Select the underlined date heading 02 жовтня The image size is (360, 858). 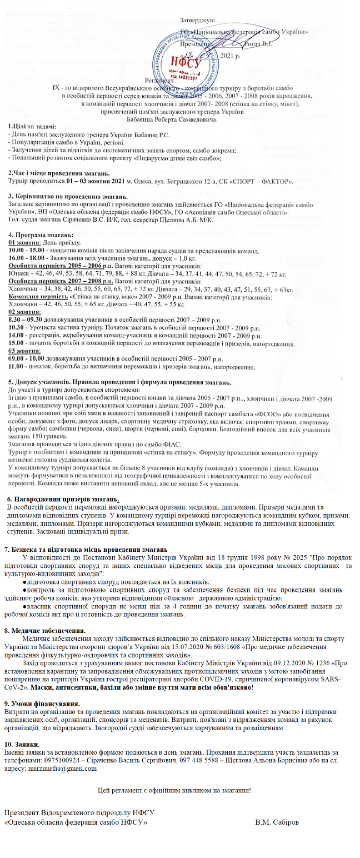(x=26, y=312)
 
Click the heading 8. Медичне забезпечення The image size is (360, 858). (x=44, y=630)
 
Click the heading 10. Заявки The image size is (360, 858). (x=22, y=744)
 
